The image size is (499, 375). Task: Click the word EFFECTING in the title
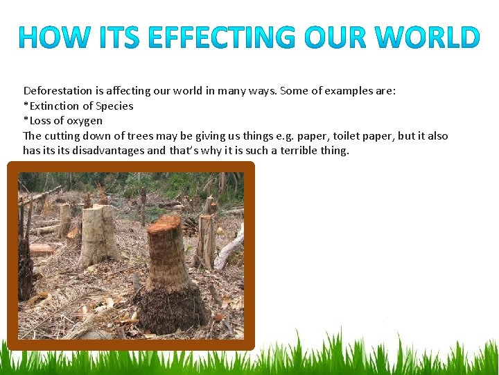click(x=222, y=37)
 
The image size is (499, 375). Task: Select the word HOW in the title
click(x=55, y=37)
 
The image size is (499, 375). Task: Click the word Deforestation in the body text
click(x=58, y=91)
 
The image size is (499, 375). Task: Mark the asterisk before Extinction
click(x=26, y=104)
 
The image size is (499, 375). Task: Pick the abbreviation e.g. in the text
click(x=284, y=137)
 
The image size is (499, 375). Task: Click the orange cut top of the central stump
click(x=164, y=224)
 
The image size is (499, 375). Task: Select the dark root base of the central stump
click(x=172, y=309)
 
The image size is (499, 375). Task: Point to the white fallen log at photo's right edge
click(x=230, y=246)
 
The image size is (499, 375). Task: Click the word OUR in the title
click(x=335, y=37)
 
